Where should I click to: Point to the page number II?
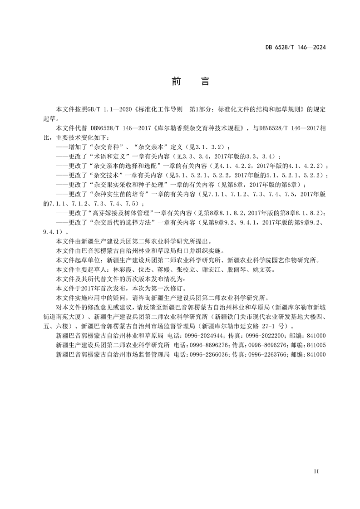(x=317, y=472)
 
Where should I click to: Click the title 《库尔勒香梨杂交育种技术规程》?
(x=201, y=129)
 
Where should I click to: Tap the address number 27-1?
(x=271, y=326)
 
